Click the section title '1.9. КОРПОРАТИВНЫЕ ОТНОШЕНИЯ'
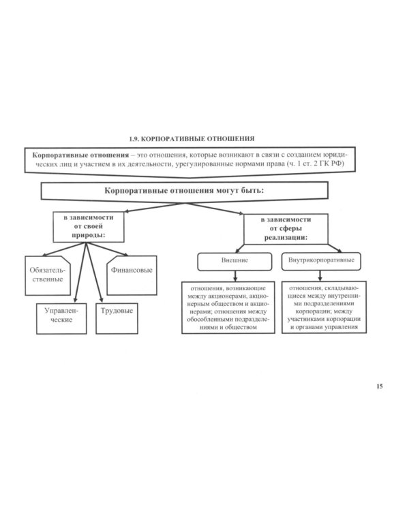(192, 139)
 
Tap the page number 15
(379, 386)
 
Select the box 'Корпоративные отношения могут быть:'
(184, 191)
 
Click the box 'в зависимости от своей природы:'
(89, 227)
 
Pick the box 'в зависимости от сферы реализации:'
(286, 229)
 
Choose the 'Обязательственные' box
(48, 275)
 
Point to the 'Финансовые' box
(132, 275)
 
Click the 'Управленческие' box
(61, 319)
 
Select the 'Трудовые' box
(117, 319)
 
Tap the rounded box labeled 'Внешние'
(234, 262)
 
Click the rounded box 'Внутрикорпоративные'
(321, 262)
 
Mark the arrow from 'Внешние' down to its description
(235, 276)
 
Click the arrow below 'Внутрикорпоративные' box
(320, 276)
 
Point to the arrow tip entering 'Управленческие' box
(76, 301)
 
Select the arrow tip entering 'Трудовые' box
(102, 301)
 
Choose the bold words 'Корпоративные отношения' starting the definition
(80, 155)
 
